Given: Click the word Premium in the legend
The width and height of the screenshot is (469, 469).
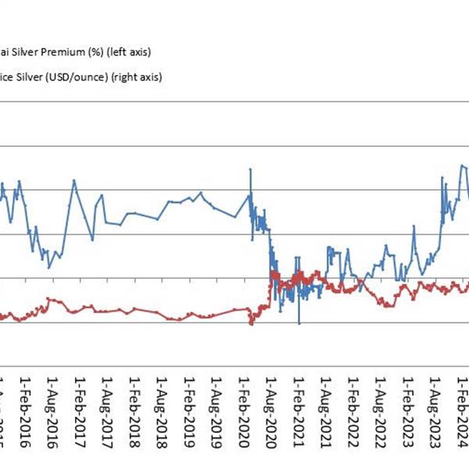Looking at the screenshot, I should tap(46, 53).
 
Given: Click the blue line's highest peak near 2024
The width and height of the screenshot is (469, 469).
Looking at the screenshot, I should tap(462, 165).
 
